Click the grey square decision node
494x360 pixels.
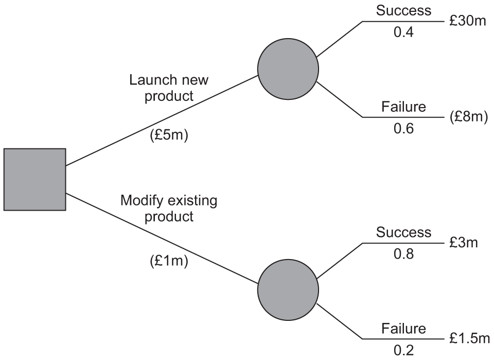[x=35, y=179]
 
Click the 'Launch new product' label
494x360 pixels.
[x=162, y=88]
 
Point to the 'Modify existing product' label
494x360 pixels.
[x=169, y=208]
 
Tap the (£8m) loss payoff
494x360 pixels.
[x=468, y=117]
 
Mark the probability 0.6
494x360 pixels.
[x=403, y=129]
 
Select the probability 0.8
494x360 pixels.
[x=403, y=254]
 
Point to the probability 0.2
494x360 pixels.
[x=403, y=351]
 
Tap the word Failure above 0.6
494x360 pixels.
[x=403, y=107]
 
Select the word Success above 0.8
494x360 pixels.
[x=403, y=232]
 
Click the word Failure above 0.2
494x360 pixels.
[x=403, y=328]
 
